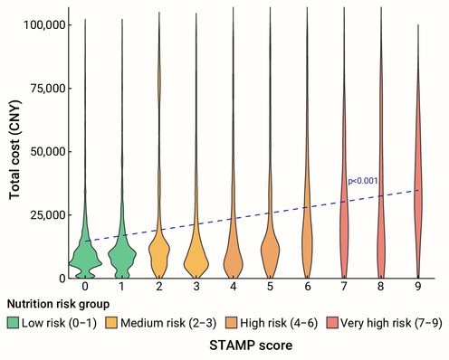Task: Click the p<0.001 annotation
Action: [363, 181]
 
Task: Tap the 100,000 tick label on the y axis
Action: [44, 24]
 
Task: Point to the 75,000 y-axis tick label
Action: [48, 89]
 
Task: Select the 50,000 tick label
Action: [48, 152]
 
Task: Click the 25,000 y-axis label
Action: [48, 215]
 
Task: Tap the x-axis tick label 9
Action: [418, 286]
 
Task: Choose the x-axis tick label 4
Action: [234, 286]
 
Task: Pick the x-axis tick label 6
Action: [307, 286]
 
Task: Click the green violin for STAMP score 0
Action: [85, 256]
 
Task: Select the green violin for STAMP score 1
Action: [122, 256]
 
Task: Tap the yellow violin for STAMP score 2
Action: [159, 251]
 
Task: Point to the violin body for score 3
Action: [196, 260]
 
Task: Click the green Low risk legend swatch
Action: [13, 323]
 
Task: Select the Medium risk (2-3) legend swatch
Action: [111, 323]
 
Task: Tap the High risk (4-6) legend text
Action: [279, 323]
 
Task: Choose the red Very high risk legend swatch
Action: [332, 323]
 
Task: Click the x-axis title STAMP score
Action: [251, 346]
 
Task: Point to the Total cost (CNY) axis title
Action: [14, 150]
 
